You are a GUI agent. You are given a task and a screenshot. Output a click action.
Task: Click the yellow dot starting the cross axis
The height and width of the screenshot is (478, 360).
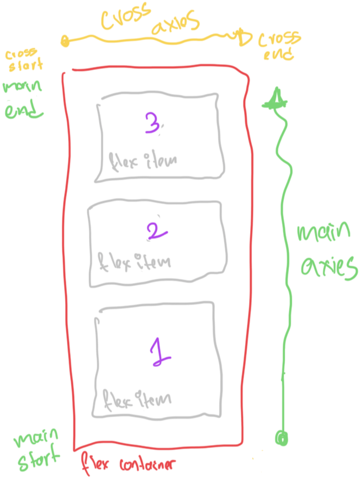point(66,40)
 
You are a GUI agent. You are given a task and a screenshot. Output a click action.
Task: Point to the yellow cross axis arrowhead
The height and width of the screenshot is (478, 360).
point(242,36)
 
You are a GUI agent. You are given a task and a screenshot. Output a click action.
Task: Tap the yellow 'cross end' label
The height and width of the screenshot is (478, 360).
point(279,46)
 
